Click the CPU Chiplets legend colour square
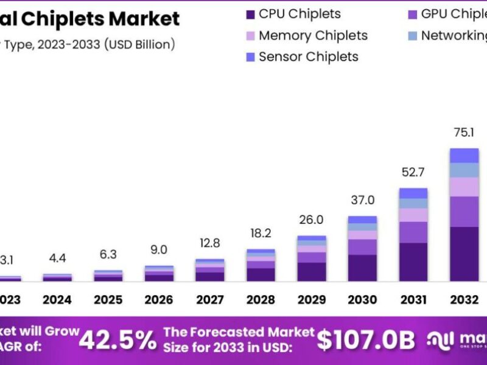pos(249,14)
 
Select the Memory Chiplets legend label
pos(313,35)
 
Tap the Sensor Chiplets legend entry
pos(308,57)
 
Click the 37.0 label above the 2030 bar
pos(362,200)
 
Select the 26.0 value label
pos(311,220)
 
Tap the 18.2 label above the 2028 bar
pos(261,234)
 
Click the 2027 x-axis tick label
pos(210,299)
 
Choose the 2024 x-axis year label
pos(57,299)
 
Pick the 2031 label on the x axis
pos(413,299)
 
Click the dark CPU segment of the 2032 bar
pos(464,254)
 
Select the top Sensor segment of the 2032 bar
pos(464,155)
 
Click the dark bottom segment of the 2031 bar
pos(413,262)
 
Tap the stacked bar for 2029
pos(311,259)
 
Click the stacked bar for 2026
pos(159,274)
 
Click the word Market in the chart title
pos(144,19)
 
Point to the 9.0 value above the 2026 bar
pos(159,250)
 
